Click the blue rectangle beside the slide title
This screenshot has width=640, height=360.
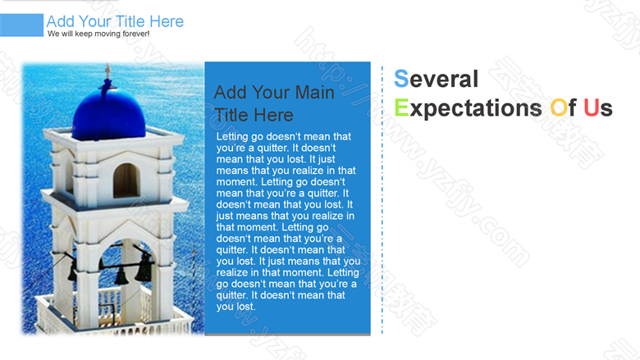(x=21, y=25)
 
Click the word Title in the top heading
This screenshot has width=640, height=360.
(x=130, y=21)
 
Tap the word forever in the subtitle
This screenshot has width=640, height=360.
(x=136, y=34)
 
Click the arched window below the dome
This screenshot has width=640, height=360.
(x=126, y=180)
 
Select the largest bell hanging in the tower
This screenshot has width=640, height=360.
(x=144, y=268)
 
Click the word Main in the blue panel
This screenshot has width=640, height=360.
(x=315, y=93)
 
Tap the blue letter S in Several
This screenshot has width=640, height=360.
(x=401, y=79)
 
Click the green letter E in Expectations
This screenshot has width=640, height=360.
(x=401, y=107)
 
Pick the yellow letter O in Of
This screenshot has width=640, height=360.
(x=559, y=107)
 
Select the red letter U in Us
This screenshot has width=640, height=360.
(x=591, y=107)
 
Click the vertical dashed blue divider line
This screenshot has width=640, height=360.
(x=382, y=200)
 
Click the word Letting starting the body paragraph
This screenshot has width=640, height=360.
(x=232, y=137)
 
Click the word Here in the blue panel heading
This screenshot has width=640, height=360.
(x=274, y=116)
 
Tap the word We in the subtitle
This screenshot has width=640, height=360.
(x=53, y=34)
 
